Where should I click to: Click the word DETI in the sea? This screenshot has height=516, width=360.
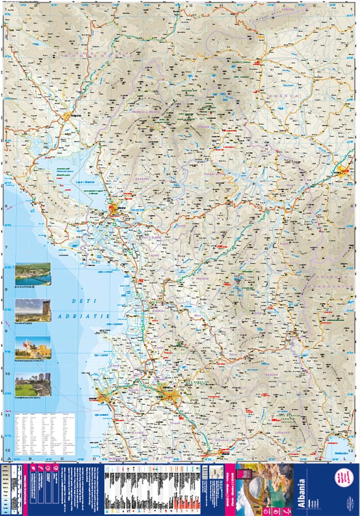coord(80,300)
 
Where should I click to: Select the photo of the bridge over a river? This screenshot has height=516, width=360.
coord(33,273)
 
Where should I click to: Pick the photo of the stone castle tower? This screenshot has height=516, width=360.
coord(33,310)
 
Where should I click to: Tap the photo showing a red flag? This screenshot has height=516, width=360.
coord(33,347)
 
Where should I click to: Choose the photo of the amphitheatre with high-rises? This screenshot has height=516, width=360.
coord(33,384)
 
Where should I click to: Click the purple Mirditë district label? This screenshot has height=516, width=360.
coord(201,278)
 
